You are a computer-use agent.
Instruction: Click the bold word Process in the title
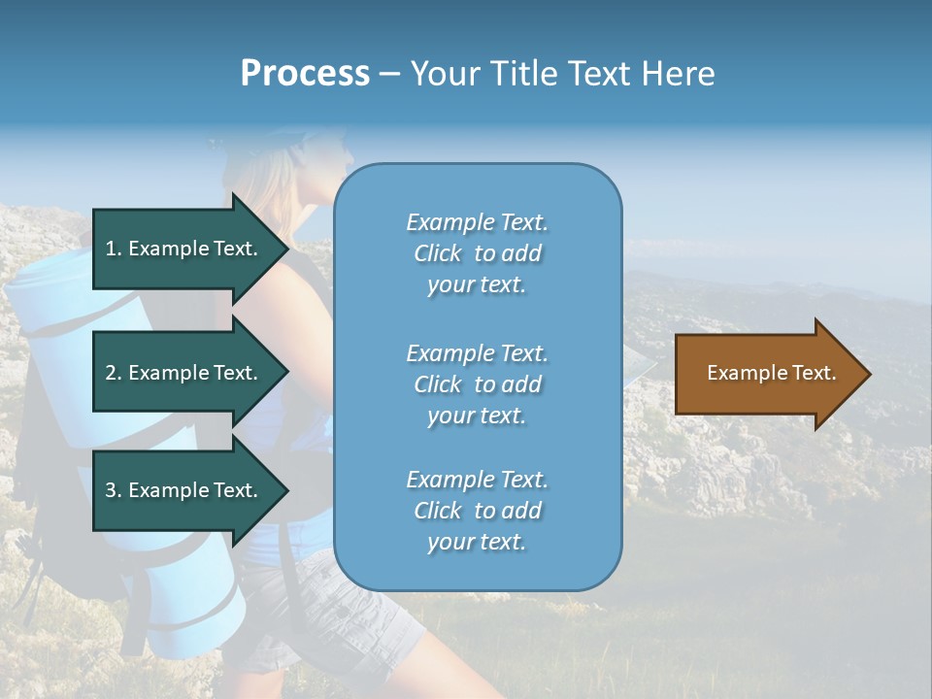pos(305,74)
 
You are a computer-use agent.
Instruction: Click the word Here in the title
pos(676,74)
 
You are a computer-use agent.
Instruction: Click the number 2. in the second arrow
pos(113,373)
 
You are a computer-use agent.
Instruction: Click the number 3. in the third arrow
pos(113,490)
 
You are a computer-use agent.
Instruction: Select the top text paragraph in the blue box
pos(477,253)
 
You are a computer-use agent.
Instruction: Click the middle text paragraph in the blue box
pos(477,384)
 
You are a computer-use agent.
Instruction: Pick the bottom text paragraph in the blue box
pos(477,511)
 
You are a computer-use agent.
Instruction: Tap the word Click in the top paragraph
pos(437,253)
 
